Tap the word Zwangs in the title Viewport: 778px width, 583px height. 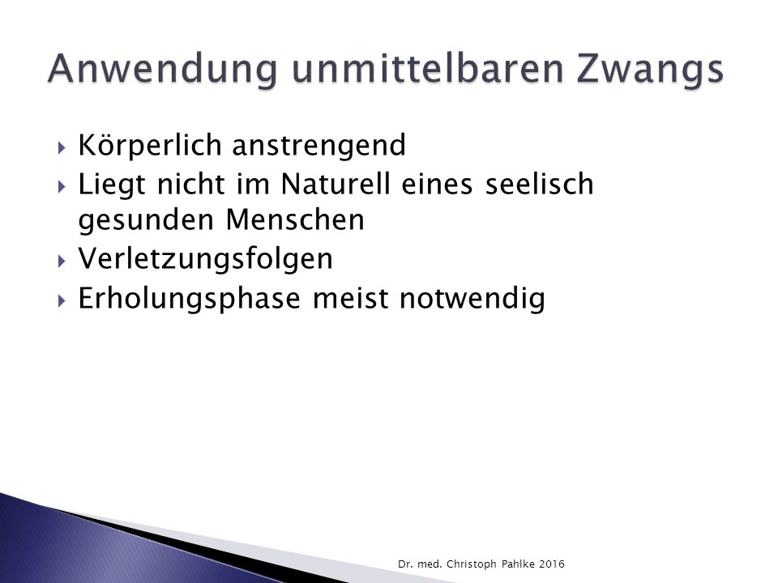tap(651, 70)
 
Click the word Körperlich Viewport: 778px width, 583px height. tap(150, 145)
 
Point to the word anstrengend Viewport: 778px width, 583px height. tap(319, 147)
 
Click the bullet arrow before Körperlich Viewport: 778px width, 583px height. tap(62, 147)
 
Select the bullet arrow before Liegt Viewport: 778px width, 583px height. tap(62, 186)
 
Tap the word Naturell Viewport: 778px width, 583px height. tap(336, 184)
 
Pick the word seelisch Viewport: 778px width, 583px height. tap(540, 184)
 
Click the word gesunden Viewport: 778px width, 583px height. tap(146, 221)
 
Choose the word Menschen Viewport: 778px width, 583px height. tap(295, 219)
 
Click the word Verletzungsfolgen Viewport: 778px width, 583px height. tap(205, 259)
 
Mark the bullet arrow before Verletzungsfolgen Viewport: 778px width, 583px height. tap(62, 262)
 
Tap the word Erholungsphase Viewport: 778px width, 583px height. tap(190, 299)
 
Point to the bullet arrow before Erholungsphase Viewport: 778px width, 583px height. tap(62, 300)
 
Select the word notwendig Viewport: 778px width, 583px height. tap(472, 300)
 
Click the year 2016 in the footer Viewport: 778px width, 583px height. tap(552, 564)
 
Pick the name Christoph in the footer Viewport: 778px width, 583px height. tap(472, 564)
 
